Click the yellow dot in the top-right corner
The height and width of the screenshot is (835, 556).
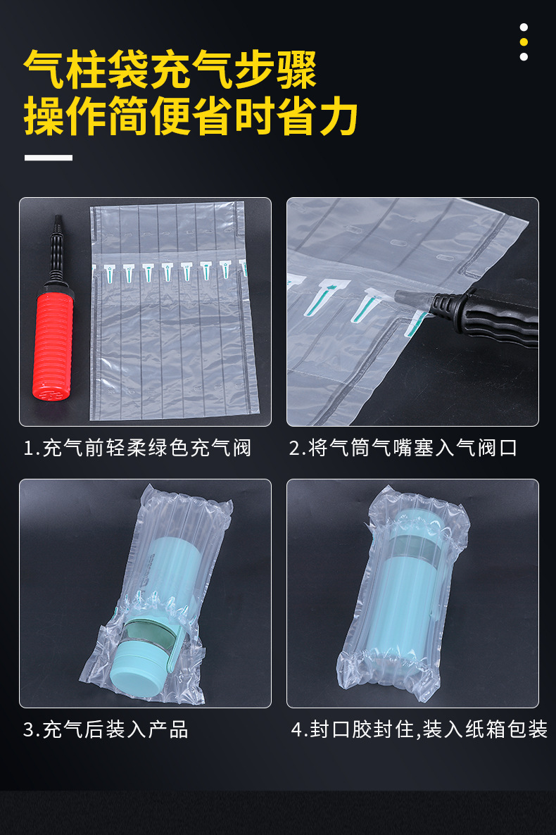pyautogui.click(x=524, y=42)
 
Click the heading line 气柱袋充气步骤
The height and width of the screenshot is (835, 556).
pyautogui.click(x=170, y=69)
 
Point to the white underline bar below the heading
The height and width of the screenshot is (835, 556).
pyautogui.click(x=49, y=158)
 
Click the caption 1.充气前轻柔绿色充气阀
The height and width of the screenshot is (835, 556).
pyautogui.click(x=137, y=448)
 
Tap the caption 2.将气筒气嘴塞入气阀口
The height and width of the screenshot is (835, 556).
pyautogui.click(x=403, y=448)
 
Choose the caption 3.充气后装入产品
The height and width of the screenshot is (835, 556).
pyautogui.click(x=106, y=729)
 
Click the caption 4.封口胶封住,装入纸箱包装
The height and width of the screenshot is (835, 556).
pyautogui.click(x=419, y=729)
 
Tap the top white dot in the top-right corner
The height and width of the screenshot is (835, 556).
pyautogui.click(x=524, y=27)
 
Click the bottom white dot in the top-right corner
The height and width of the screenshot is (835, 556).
pyautogui.click(x=524, y=56)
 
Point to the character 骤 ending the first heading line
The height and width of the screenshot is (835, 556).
pyautogui.click(x=296, y=69)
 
